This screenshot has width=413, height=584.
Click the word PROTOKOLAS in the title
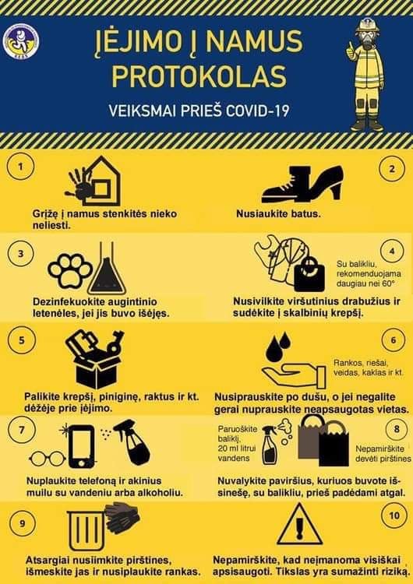[x=199, y=76]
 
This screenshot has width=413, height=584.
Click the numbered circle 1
[x=20, y=167]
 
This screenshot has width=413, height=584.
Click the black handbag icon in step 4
[x=309, y=275]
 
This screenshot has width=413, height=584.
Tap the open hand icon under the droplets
[x=294, y=375]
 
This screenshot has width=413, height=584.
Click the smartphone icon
[x=82, y=446]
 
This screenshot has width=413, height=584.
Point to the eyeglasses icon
[x=47, y=458]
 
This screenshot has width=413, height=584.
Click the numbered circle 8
[x=396, y=429]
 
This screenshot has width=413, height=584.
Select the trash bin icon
[x=86, y=530]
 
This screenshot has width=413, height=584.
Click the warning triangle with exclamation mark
[x=298, y=525]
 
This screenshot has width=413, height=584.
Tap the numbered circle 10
[x=394, y=515]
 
